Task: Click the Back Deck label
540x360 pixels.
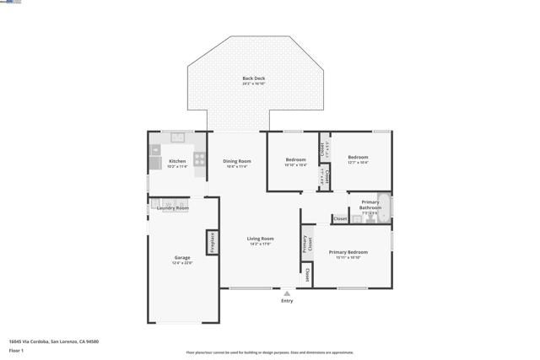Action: pyautogui.click(x=253, y=78)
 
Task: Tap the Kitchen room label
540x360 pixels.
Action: pyautogui.click(x=177, y=161)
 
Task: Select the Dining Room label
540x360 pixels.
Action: pyautogui.click(x=237, y=161)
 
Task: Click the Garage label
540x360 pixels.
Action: pyautogui.click(x=182, y=258)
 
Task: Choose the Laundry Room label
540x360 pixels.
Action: pyautogui.click(x=173, y=207)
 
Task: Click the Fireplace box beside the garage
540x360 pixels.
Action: pyautogui.click(x=213, y=242)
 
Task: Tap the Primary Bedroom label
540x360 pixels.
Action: pyautogui.click(x=348, y=252)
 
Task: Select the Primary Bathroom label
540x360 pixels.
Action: pyautogui.click(x=370, y=205)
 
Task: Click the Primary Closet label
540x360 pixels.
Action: pyautogui.click(x=306, y=244)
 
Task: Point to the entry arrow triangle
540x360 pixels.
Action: pyautogui.click(x=287, y=293)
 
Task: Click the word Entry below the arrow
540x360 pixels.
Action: pyautogui.click(x=287, y=301)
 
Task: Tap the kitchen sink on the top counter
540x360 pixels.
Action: pyautogui.click(x=178, y=137)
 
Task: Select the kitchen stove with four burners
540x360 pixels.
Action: pyautogui.click(x=200, y=157)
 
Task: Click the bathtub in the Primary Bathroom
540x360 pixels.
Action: pyautogui.click(x=384, y=207)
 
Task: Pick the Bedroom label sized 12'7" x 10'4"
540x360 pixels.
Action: pyautogui.click(x=359, y=158)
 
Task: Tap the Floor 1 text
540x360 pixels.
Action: pyautogui.click(x=16, y=350)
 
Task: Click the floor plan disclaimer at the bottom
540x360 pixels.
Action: pyautogui.click(x=270, y=352)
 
